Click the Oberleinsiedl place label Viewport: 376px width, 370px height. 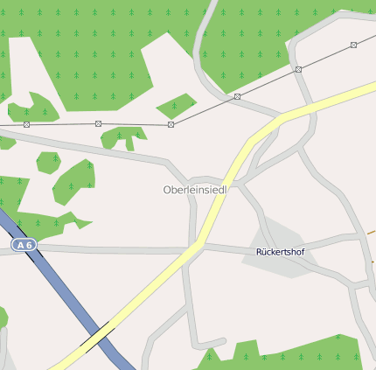pos(195,190)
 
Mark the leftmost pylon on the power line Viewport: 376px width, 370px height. pos(26,124)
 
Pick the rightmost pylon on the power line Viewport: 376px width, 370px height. pos(353,45)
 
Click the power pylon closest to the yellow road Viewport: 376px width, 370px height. pos(237,96)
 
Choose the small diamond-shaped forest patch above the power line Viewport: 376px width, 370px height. pos(176,106)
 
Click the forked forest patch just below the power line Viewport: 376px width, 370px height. pos(122,137)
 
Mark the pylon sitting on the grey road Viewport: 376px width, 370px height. pos(298,69)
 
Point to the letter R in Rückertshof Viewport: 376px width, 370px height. pos(260,252)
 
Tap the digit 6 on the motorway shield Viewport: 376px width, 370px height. pos(29,246)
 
